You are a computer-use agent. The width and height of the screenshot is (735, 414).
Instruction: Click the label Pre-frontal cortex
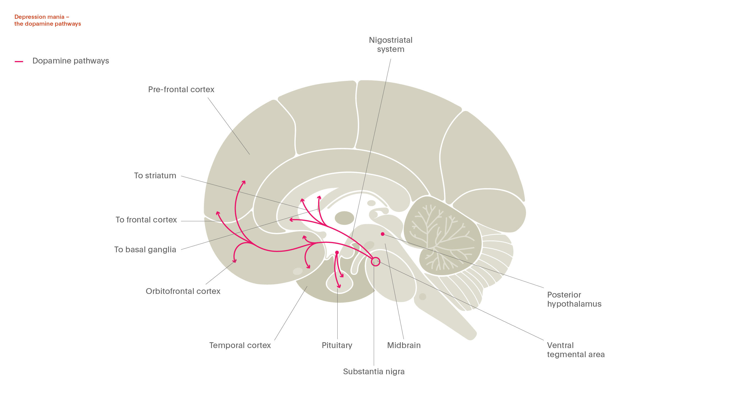tap(181, 89)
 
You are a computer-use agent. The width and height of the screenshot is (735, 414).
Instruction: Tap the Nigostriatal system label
tap(390, 44)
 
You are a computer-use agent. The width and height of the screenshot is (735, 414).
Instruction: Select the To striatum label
tap(155, 176)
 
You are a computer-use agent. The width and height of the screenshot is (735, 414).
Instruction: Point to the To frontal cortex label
tap(146, 220)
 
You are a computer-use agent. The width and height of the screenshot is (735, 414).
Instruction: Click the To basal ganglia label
tap(145, 250)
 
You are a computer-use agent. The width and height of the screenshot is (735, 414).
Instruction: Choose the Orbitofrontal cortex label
tap(183, 291)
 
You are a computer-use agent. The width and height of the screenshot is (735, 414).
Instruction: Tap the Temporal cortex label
tap(240, 345)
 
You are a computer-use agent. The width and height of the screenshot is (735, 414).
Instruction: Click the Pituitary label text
tap(337, 345)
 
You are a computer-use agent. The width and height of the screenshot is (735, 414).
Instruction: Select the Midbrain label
tap(403, 345)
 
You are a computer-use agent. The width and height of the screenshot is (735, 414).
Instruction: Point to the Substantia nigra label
tap(373, 371)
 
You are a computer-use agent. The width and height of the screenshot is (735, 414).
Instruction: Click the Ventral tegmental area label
tap(575, 350)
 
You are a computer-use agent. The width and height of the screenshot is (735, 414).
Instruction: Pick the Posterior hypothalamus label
tap(574, 299)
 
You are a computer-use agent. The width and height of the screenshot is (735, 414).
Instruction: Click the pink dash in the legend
tap(19, 61)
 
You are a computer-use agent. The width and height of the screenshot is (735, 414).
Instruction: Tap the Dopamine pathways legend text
tap(71, 61)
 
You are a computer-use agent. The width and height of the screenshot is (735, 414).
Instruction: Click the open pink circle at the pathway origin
tap(375, 261)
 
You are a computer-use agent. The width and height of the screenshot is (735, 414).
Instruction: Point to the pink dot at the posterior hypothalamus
tap(383, 234)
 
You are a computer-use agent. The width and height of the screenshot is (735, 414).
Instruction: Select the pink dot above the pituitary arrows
tap(337, 253)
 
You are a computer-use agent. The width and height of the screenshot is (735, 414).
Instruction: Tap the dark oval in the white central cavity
tap(344, 218)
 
